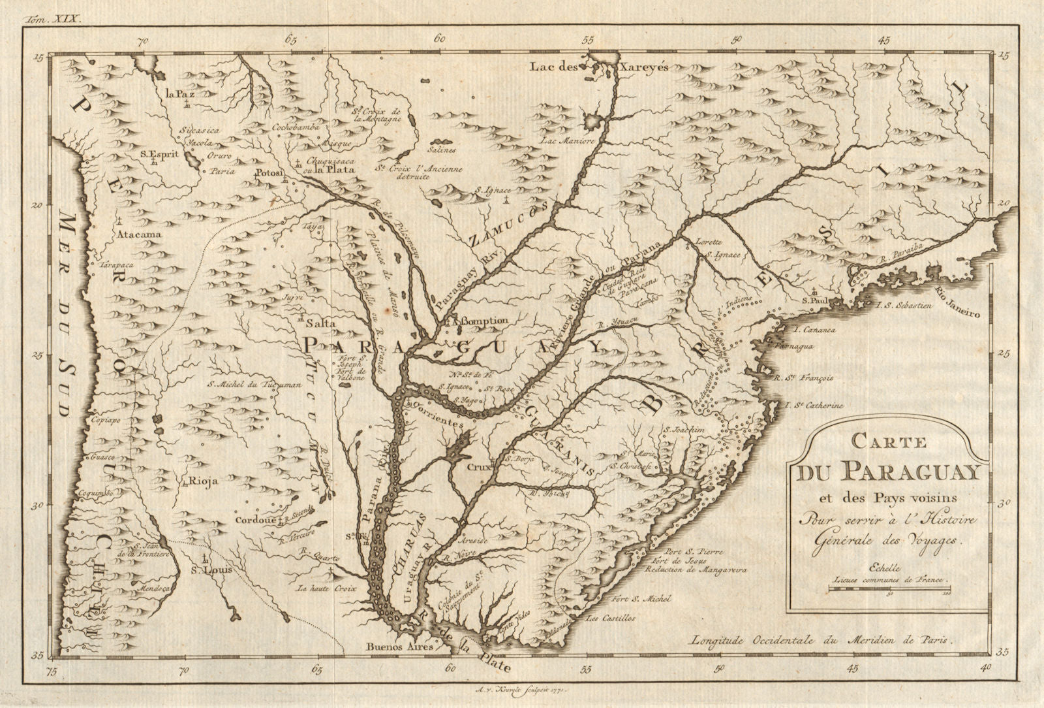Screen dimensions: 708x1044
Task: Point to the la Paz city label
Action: [x=181, y=94]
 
